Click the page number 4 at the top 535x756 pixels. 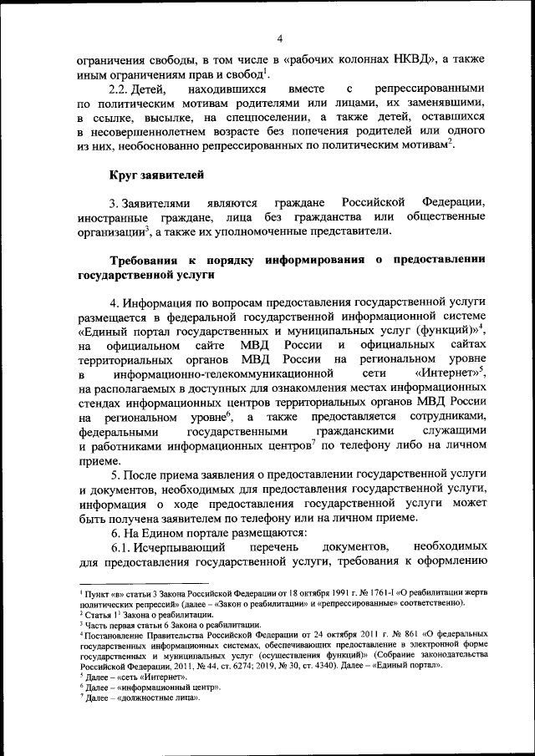[281, 38]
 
